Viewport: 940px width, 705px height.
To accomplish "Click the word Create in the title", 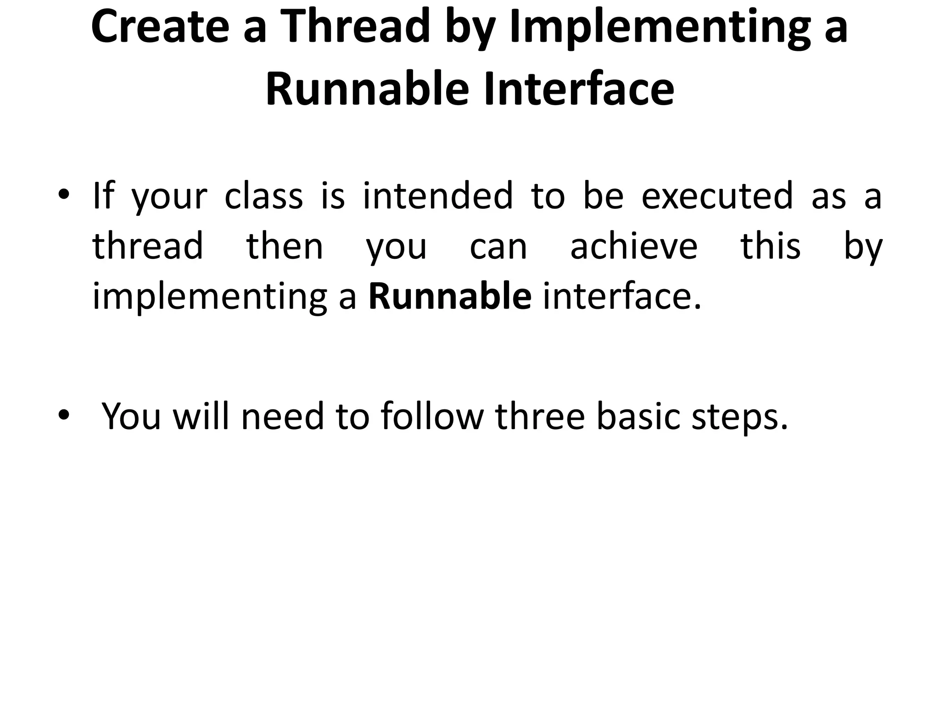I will (x=160, y=27).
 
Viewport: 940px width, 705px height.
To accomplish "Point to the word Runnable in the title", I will (x=367, y=89).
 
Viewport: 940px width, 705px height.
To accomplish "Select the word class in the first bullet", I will (x=263, y=196).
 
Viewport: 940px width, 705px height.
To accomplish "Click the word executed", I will (x=717, y=196).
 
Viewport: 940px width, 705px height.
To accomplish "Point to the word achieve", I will (x=634, y=246).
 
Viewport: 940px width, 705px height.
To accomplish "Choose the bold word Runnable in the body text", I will (x=450, y=297).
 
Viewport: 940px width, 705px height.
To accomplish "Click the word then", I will (x=285, y=246).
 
